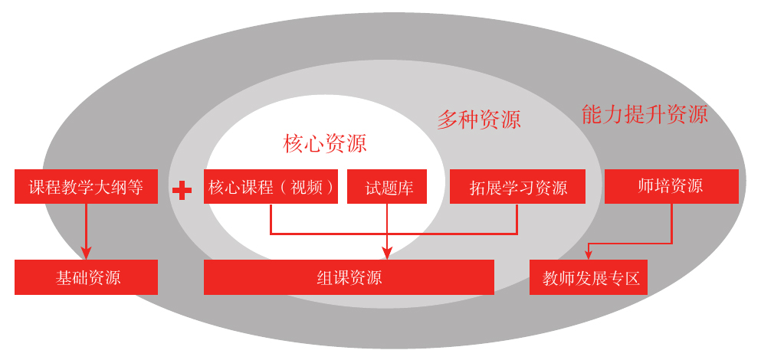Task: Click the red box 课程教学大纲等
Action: pos(86,187)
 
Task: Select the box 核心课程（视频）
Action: pos(271,187)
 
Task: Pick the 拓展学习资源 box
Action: pos(517,187)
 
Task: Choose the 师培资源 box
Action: pos(671,186)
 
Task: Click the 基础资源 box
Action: pos(86,277)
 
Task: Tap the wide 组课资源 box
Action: pos(349,277)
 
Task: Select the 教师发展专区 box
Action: pos(589,277)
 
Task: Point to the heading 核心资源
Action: pos(325,143)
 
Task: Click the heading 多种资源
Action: pos(479,119)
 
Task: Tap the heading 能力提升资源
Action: pos(645,115)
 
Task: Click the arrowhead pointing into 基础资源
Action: pos(86,254)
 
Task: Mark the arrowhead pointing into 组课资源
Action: pos(387,254)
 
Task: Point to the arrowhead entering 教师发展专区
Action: pos(589,254)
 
